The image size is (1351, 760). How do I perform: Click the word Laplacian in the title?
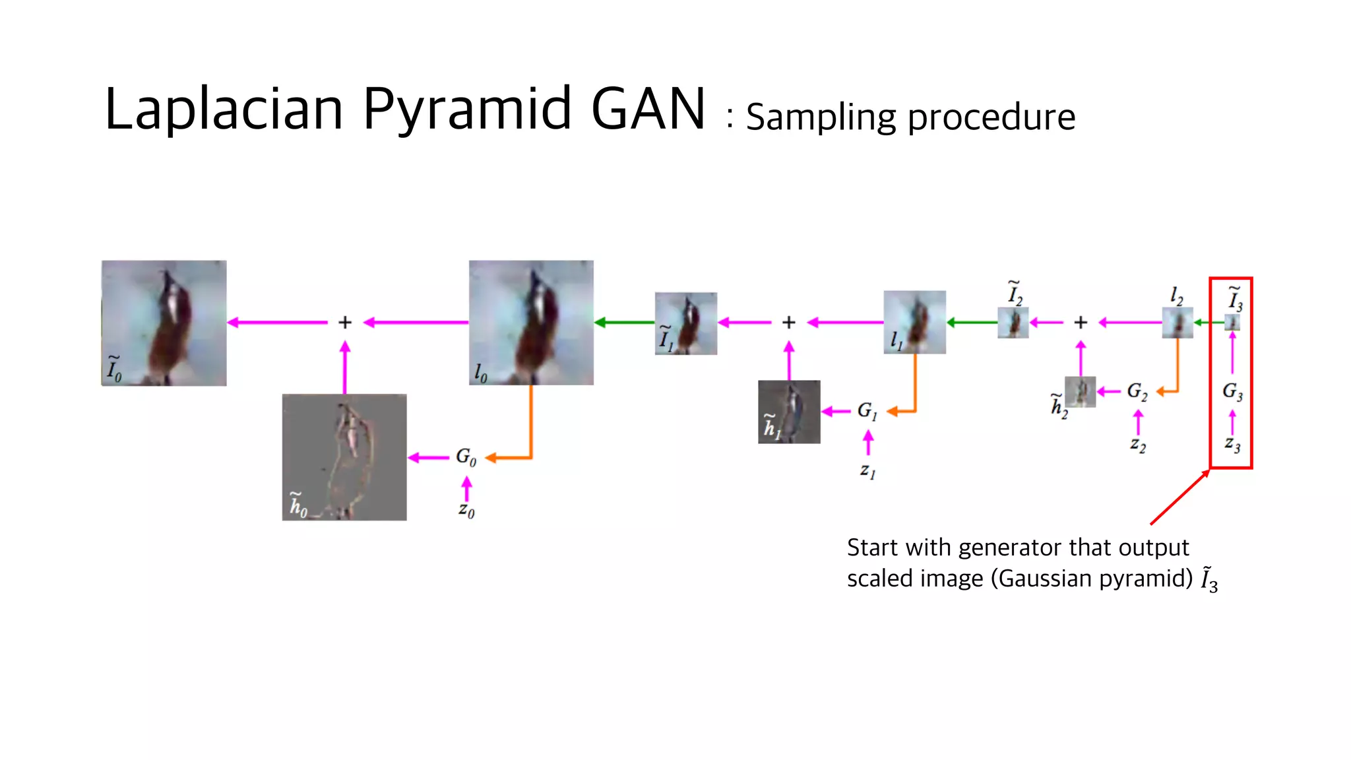(x=224, y=110)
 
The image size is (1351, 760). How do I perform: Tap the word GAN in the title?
(x=648, y=110)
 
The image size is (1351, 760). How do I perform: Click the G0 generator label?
(x=466, y=457)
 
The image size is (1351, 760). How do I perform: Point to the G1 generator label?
(x=867, y=411)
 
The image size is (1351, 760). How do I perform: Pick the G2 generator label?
(x=1137, y=391)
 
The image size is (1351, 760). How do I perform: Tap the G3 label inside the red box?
(x=1232, y=392)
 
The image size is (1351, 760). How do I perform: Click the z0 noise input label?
(x=466, y=510)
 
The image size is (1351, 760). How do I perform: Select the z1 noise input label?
(x=867, y=470)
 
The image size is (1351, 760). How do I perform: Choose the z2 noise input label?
(x=1137, y=445)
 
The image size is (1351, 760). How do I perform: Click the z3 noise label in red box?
(x=1232, y=445)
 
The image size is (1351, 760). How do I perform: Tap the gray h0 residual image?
(x=344, y=457)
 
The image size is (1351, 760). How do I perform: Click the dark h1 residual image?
(x=789, y=412)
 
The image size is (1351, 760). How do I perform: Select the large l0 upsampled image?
(x=531, y=323)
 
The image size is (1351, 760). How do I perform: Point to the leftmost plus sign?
(x=345, y=323)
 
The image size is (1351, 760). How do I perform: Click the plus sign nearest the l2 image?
(x=1081, y=323)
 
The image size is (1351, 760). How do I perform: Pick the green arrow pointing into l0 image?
(x=624, y=323)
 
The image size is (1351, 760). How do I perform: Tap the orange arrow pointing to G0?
(x=509, y=457)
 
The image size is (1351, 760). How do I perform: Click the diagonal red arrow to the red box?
(x=1179, y=497)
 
